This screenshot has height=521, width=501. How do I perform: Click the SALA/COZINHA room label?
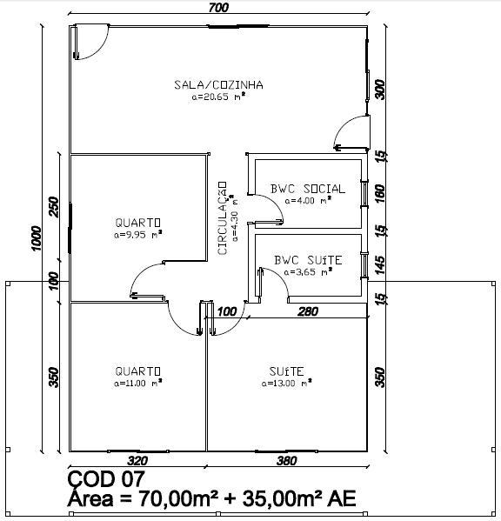click(x=218, y=84)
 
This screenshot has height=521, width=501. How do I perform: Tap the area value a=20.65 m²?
click(x=218, y=97)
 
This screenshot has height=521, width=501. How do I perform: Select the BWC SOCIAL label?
click(x=308, y=189)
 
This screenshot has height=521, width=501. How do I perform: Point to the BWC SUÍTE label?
click(x=308, y=260)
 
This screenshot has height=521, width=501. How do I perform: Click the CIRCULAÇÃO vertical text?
click(x=223, y=218)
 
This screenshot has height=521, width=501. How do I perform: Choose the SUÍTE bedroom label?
click(x=286, y=371)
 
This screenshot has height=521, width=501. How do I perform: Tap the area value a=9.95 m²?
click(x=138, y=235)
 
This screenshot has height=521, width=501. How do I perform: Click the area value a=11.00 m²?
click(x=138, y=383)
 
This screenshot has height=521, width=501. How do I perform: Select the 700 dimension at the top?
click(x=218, y=8)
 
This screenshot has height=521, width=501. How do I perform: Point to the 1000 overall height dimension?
click(x=36, y=238)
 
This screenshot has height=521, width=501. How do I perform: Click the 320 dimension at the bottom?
click(x=137, y=461)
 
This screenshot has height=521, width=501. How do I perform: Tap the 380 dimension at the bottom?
click(x=286, y=461)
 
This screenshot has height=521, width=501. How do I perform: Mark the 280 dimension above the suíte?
click(x=308, y=311)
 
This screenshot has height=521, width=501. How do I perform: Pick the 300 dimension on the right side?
click(x=380, y=89)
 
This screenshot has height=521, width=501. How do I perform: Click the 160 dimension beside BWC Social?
click(x=380, y=194)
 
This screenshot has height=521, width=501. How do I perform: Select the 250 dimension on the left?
click(x=53, y=207)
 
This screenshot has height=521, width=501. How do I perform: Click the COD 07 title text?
click(x=106, y=479)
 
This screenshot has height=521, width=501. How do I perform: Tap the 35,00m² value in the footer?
click(x=283, y=498)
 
